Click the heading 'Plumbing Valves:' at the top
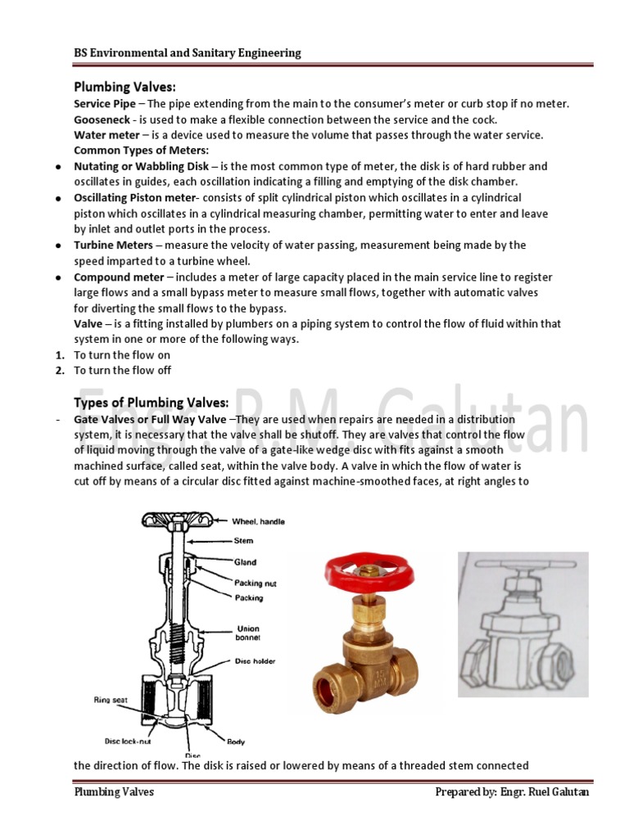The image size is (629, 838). (x=125, y=87)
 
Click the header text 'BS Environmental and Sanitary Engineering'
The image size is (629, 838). (x=188, y=53)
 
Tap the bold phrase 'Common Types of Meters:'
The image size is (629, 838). (x=141, y=150)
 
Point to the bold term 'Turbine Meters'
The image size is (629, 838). (x=113, y=245)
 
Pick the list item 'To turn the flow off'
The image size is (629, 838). (x=122, y=370)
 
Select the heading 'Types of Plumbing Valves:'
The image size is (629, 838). (x=152, y=402)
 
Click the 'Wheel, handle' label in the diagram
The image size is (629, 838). (x=258, y=521)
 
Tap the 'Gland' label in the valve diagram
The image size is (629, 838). (x=245, y=562)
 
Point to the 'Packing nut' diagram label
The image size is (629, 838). (x=255, y=583)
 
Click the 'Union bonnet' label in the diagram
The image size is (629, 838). (x=248, y=635)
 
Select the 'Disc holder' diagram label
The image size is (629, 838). (x=255, y=661)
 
